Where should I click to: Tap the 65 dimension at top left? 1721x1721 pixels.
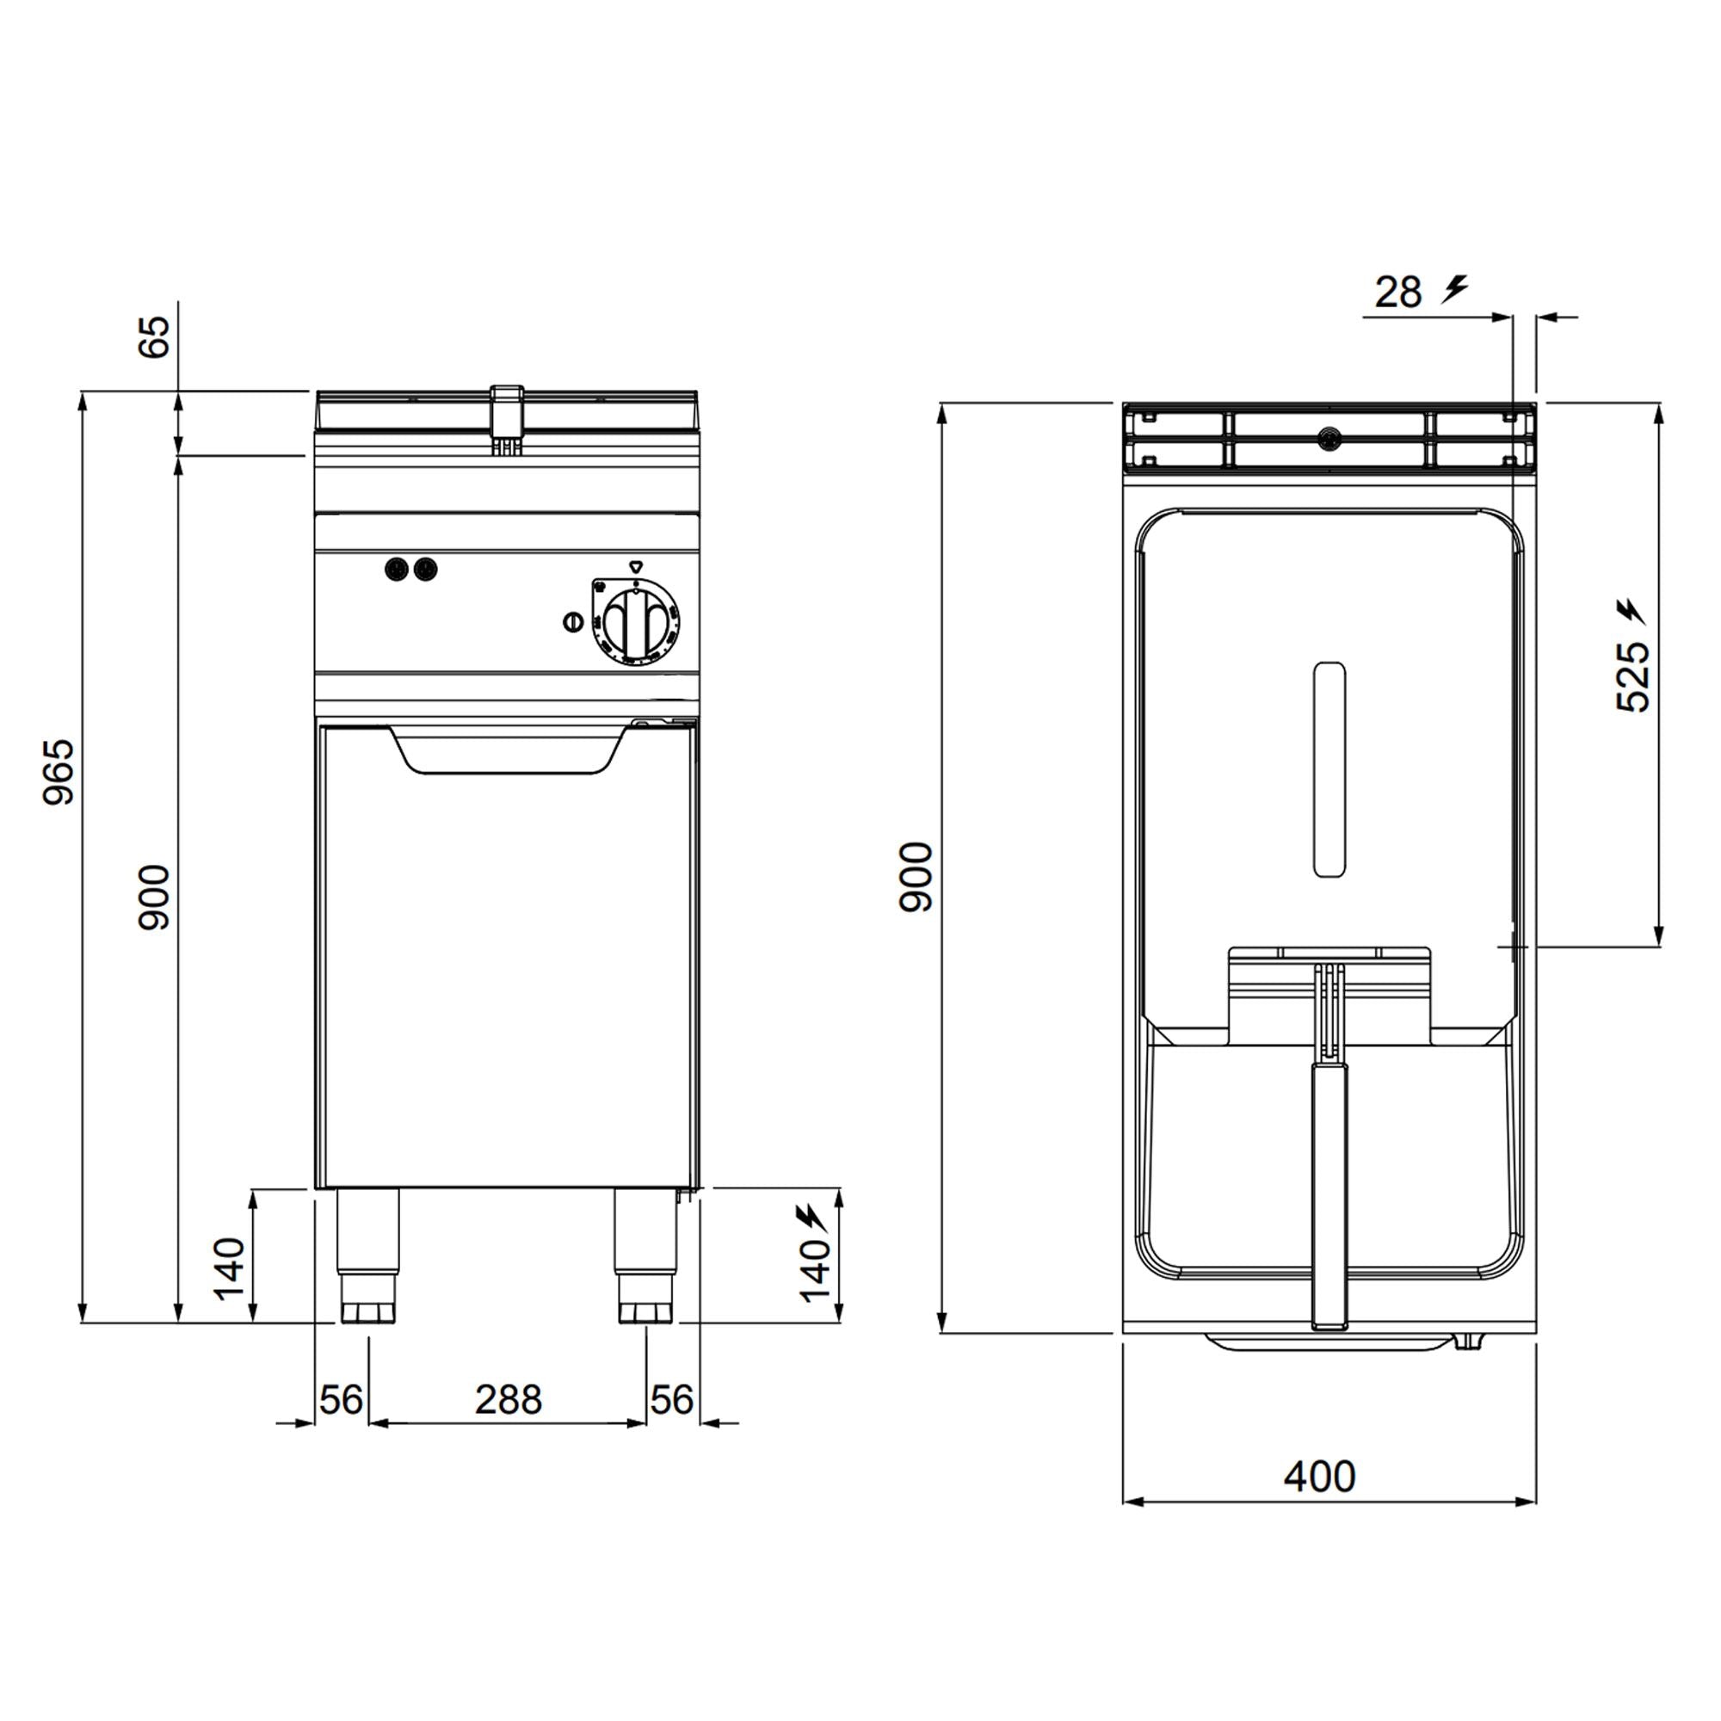coord(154,337)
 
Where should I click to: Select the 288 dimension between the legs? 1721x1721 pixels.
coord(508,1399)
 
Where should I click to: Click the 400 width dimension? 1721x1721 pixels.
coord(1319,1477)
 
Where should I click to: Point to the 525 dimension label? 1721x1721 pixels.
coord(1633,676)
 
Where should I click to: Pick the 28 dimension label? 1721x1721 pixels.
coord(1397,293)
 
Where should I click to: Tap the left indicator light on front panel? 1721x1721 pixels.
coord(397,568)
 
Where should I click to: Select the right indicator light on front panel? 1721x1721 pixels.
coord(427,568)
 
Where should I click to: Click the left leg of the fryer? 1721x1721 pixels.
coord(368,1255)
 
